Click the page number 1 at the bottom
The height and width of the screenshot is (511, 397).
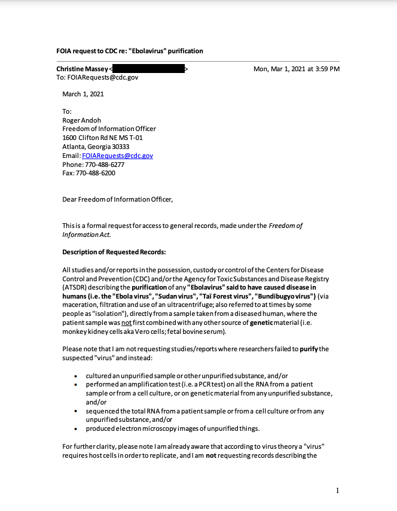pyautogui.click(x=338, y=491)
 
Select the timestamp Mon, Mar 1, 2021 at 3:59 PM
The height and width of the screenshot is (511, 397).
pyautogui.click(x=297, y=69)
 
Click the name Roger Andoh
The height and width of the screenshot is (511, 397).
pyautogui.click(x=82, y=120)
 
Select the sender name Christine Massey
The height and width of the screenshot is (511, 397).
pyautogui.click(x=83, y=69)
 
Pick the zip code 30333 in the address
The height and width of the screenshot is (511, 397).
pyautogui.click(x=119, y=147)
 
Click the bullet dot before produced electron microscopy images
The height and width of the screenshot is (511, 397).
pyautogui.click(x=75, y=429)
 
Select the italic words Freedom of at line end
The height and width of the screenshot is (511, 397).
pyautogui.click(x=286, y=226)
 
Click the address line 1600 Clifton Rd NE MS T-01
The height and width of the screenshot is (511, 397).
pyautogui.click(x=102, y=138)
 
